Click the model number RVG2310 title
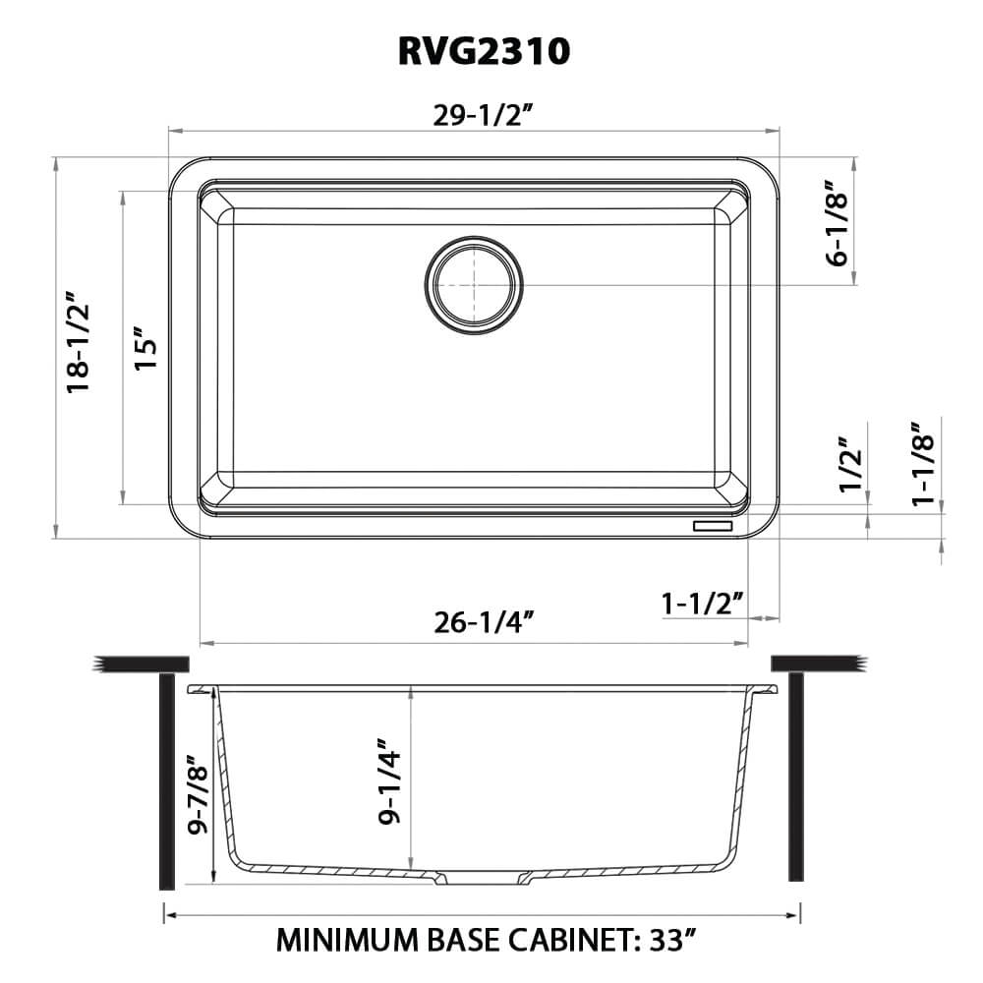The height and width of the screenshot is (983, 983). pyautogui.click(x=484, y=50)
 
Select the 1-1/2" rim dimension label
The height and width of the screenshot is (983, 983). pyautogui.click(x=702, y=603)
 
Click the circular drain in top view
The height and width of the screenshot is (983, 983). pyautogui.click(x=474, y=283)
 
